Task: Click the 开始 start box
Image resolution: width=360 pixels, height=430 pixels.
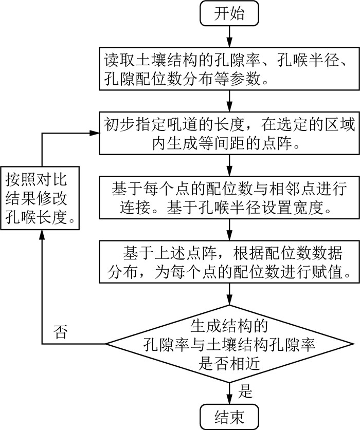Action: click(229, 14)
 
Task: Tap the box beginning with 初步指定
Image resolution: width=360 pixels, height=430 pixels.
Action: click(229, 134)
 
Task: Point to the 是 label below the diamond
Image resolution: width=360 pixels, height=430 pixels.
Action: click(246, 392)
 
